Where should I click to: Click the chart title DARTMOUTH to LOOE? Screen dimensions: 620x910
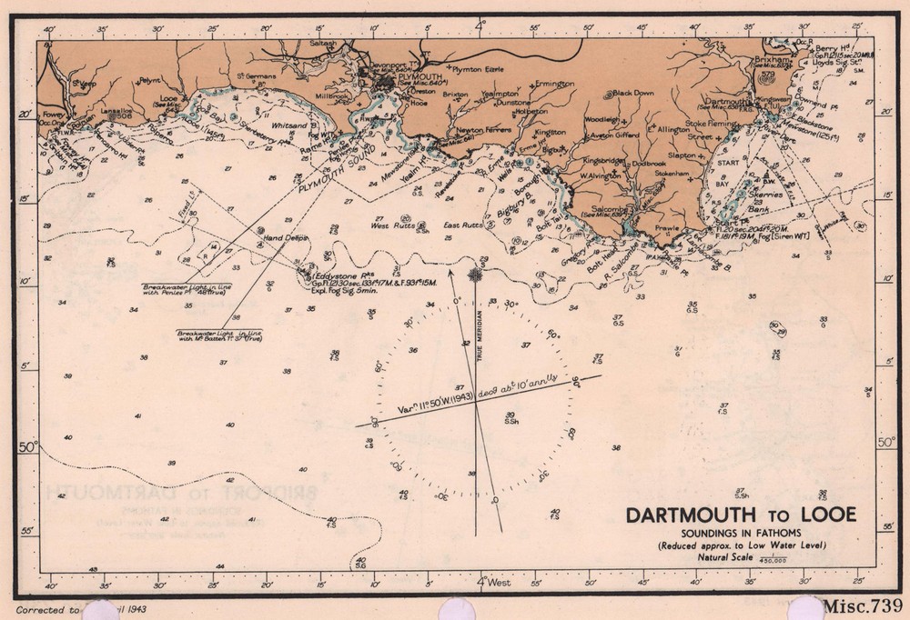pyautogui.click(x=741, y=515)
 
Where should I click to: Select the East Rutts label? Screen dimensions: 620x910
pyautogui.click(x=460, y=225)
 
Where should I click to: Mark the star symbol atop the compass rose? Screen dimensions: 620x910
pyautogui.click(x=474, y=274)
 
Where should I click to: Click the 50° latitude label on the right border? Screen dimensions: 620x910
pyautogui.click(x=885, y=443)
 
